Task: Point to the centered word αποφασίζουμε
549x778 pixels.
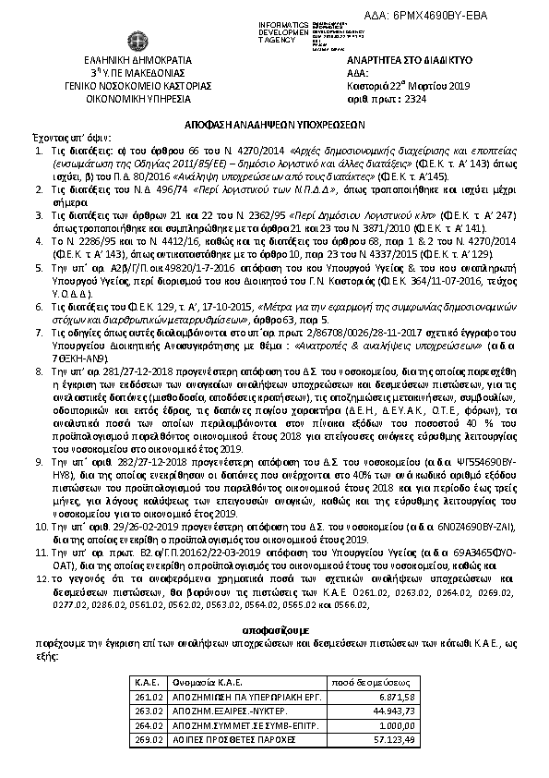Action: coord(275,626)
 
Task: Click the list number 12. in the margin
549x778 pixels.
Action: coord(42,577)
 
